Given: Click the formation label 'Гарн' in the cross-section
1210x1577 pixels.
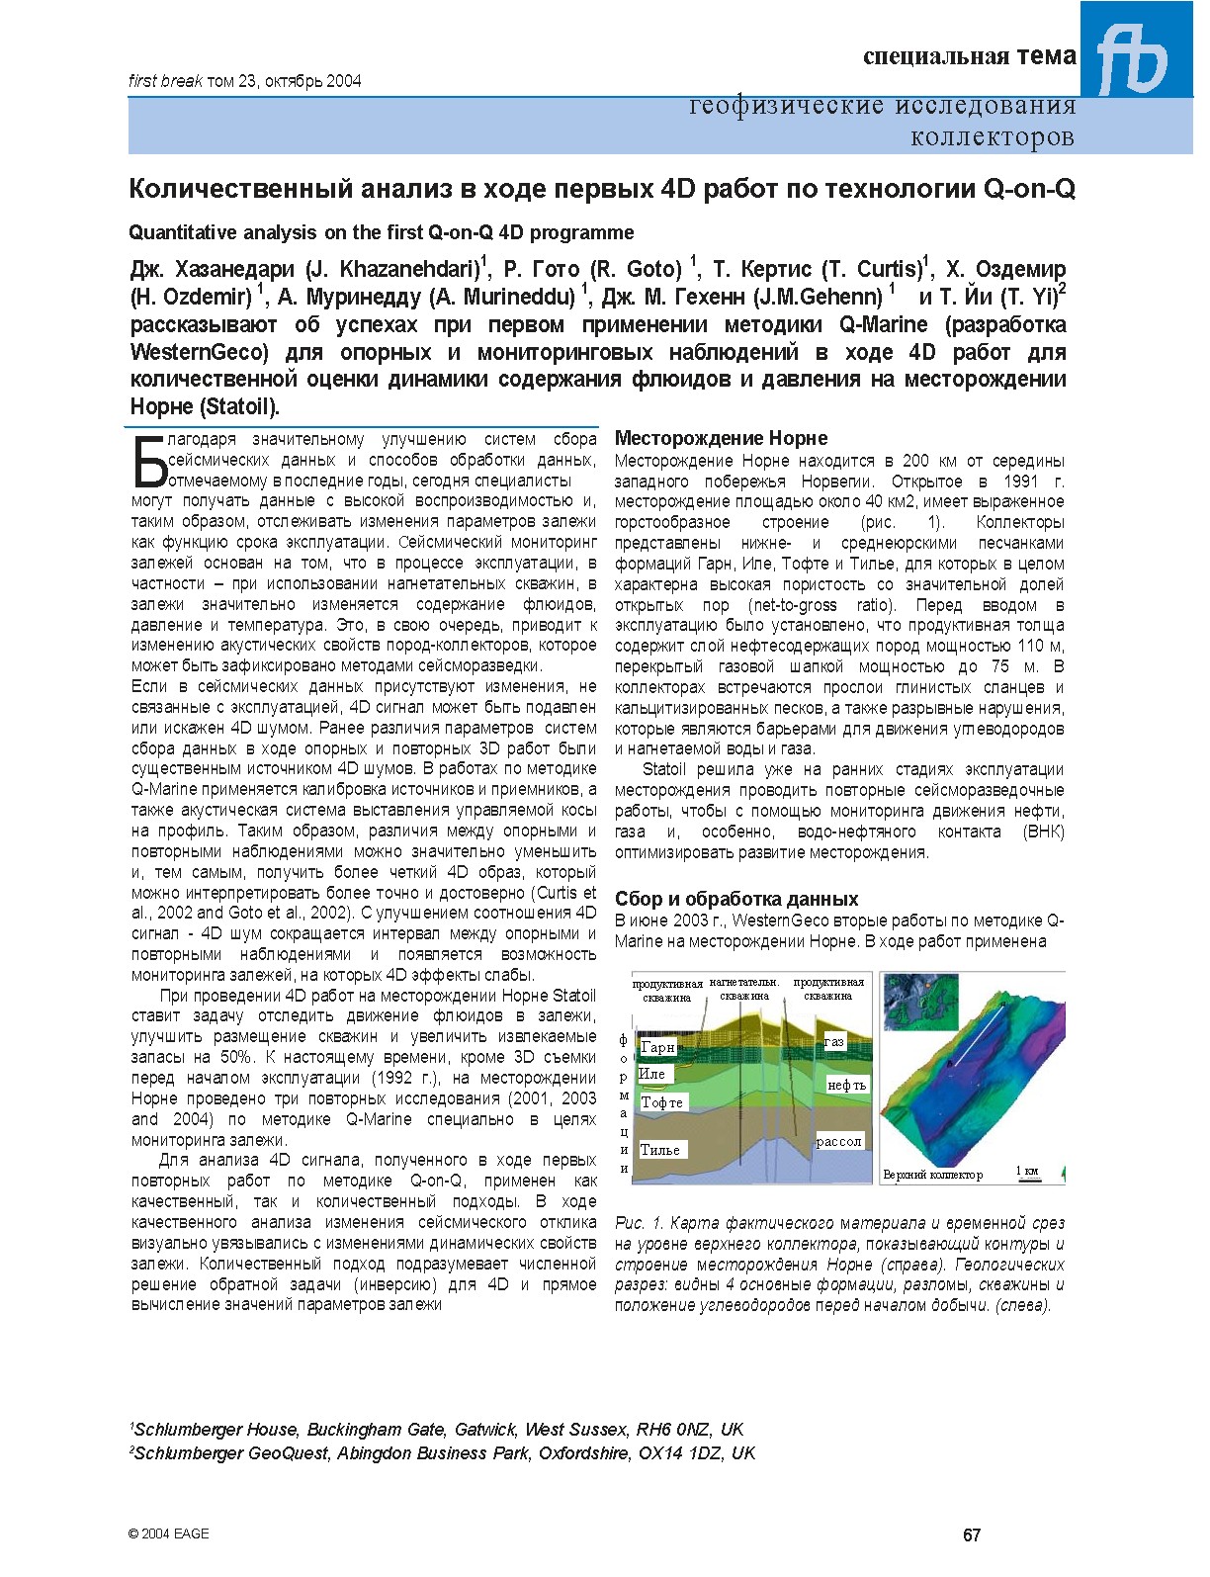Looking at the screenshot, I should (x=657, y=1047).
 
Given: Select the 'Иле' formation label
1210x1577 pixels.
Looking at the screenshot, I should (x=652, y=1074).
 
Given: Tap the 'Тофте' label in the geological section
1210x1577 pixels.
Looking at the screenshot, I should (x=661, y=1102).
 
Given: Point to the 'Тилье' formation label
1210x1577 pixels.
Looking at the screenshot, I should (x=660, y=1150).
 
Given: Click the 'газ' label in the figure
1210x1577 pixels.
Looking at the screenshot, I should (x=834, y=1042).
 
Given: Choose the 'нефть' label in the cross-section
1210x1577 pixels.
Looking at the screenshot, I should (x=846, y=1085).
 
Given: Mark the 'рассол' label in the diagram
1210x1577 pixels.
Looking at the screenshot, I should (x=839, y=1141).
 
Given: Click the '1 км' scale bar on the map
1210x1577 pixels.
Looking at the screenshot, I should (x=1028, y=1173).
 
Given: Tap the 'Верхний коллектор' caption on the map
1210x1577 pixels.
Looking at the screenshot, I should (x=933, y=1175).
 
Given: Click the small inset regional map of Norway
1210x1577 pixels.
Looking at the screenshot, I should (x=919, y=1001).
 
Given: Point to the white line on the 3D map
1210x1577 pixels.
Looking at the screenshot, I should (x=977, y=1034).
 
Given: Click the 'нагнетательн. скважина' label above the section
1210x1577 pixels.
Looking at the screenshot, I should (x=744, y=989).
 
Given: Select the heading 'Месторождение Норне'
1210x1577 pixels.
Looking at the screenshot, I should (x=721, y=438).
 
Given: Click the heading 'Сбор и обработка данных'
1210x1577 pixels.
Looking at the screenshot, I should (x=735, y=899).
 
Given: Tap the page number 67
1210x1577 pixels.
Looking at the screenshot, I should (x=972, y=1534).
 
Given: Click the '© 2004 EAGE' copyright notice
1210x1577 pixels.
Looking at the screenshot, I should (x=169, y=1533).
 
